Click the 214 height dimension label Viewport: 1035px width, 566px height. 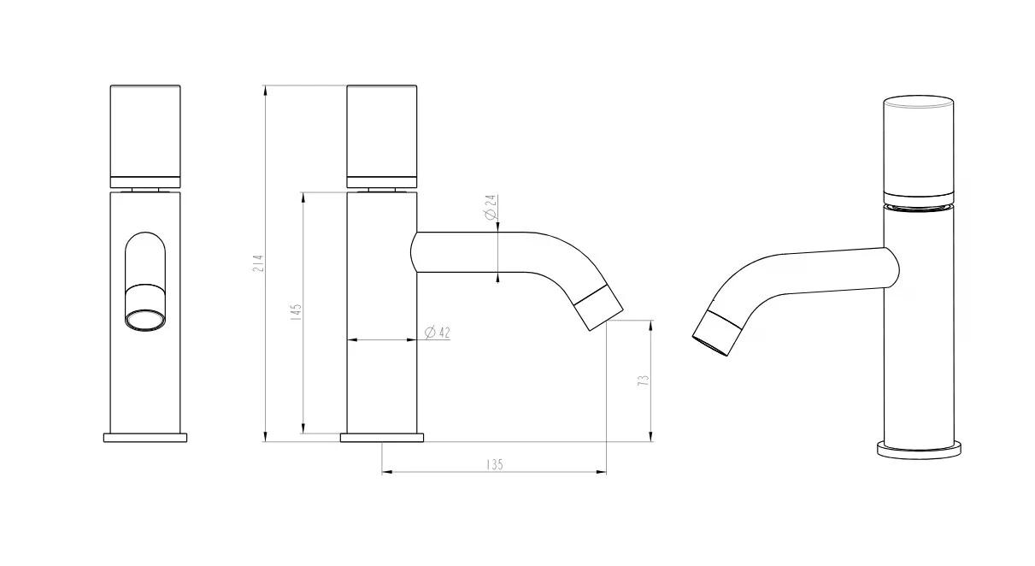(x=259, y=262)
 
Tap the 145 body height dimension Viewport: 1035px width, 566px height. (x=297, y=312)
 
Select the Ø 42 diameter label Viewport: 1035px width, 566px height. (x=437, y=333)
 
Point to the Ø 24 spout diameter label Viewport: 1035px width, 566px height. (x=491, y=207)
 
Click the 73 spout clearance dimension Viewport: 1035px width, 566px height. (x=643, y=380)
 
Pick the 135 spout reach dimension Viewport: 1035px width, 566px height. (x=494, y=464)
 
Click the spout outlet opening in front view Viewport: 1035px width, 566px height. (x=145, y=321)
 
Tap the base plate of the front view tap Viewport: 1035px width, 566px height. (x=145, y=438)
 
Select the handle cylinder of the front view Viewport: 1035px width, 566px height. (x=145, y=136)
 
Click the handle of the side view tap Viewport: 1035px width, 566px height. (x=382, y=136)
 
